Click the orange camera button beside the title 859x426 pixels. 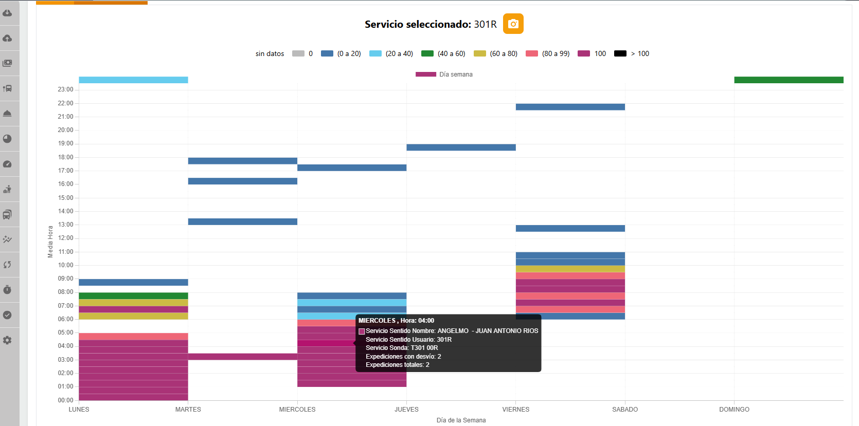(x=513, y=24)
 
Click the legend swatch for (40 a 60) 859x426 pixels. (x=427, y=53)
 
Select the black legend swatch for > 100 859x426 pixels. (x=620, y=53)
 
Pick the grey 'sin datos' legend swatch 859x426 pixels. (x=298, y=53)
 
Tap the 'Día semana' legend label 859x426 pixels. (x=456, y=75)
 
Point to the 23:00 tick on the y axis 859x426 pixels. (x=65, y=89)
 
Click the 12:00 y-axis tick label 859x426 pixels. (x=65, y=238)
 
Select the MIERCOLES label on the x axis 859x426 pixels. (x=297, y=410)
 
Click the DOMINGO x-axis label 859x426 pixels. (x=734, y=410)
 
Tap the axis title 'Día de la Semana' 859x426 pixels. (x=461, y=420)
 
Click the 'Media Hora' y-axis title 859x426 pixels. (x=50, y=242)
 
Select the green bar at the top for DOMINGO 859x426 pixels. (x=789, y=80)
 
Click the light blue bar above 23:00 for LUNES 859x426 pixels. (x=133, y=80)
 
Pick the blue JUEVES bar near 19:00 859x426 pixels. (x=461, y=147)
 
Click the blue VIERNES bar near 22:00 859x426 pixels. (x=570, y=107)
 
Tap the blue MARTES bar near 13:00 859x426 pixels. (x=242, y=221)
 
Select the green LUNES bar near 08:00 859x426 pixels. (x=133, y=295)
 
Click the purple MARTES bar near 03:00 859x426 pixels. (x=242, y=356)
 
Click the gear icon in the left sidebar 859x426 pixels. (x=7, y=340)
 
